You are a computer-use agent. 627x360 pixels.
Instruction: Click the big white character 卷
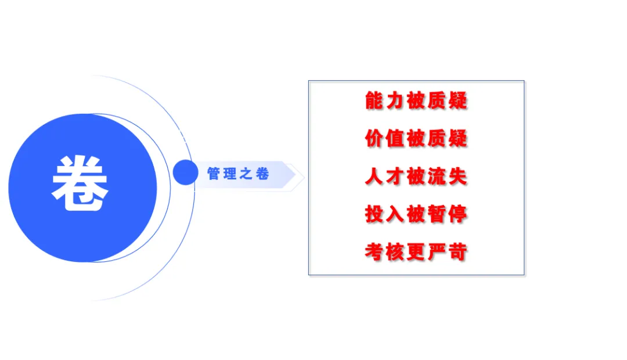point(80,183)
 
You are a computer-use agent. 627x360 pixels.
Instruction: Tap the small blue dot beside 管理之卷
point(186,172)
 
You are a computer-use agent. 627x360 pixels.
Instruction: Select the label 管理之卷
point(238,174)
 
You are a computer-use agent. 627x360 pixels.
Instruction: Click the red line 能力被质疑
point(416,100)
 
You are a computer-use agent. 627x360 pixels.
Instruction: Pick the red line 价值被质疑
point(416,138)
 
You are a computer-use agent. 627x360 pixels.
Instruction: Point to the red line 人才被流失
point(416,177)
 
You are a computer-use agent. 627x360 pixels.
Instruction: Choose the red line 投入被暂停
point(416,214)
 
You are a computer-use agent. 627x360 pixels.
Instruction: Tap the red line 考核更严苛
point(416,252)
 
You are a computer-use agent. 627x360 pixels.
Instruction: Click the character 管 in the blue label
point(214,174)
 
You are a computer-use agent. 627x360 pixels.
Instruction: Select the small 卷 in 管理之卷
point(262,174)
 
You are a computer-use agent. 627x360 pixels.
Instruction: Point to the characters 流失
point(448,177)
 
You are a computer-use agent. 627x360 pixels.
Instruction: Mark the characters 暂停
point(448,214)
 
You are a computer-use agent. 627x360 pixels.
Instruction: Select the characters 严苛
point(448,252)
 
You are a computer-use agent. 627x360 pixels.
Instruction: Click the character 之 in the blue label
point(246,174)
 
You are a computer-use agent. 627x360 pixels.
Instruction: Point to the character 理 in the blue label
point(230,174)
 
